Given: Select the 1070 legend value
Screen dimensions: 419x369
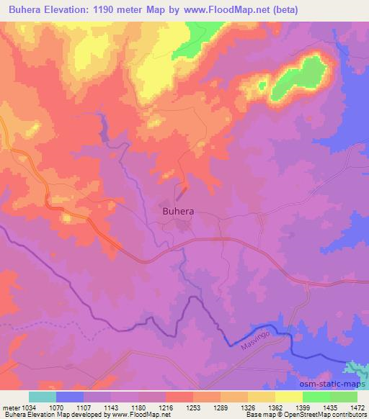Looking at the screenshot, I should (x=69, y=407).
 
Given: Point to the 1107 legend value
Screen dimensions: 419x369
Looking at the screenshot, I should (x=97, y=407).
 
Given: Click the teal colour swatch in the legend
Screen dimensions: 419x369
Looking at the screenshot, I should (x=42, y=397).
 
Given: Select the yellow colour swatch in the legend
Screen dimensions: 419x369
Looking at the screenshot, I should (x=288, y=397).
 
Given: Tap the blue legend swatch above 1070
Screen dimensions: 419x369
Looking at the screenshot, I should (x=69, y=397).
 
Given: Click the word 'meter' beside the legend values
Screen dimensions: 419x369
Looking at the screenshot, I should (x=10, y=407).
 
